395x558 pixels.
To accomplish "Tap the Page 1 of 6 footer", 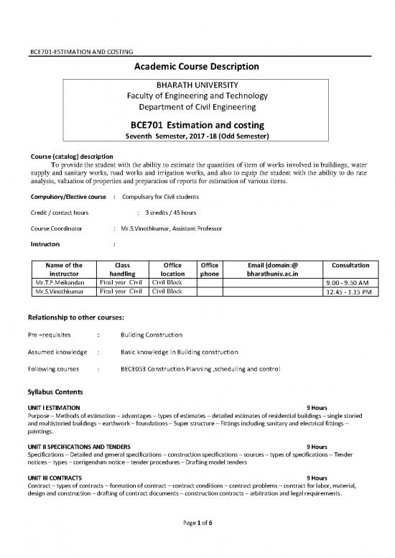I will (x=198, y=542).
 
